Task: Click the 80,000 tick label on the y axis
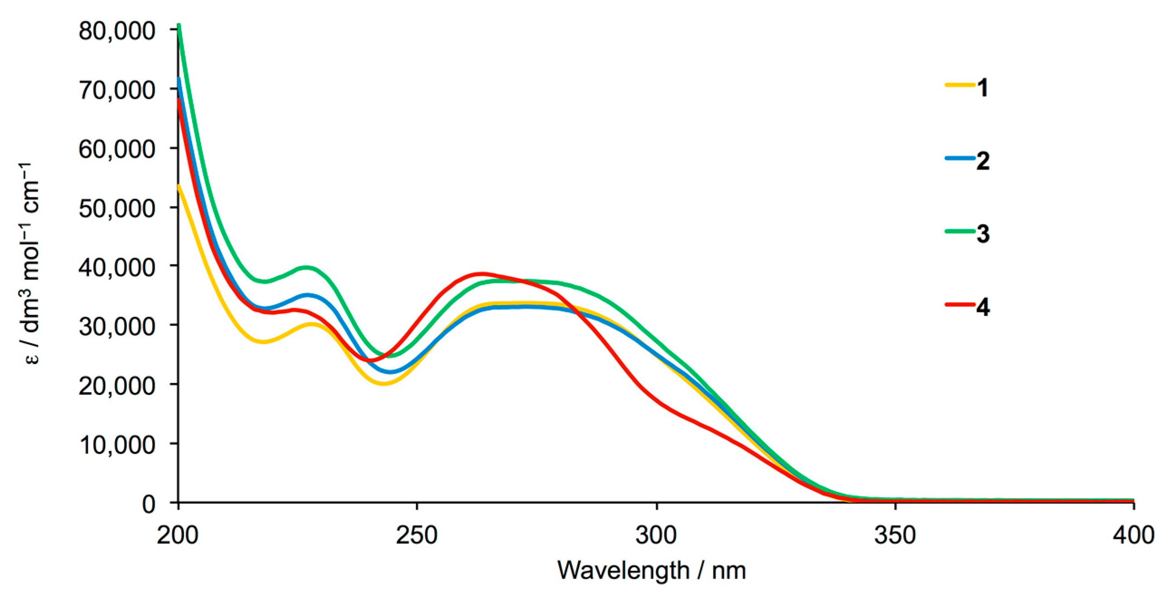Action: [117, 31]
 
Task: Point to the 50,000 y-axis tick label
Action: [117, 209]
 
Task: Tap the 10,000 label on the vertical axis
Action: [117, 445]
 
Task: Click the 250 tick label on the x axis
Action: [416, 535]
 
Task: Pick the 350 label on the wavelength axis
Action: [895, 535]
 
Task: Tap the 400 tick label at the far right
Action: [1133, 535]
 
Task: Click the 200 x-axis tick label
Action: [178, 535]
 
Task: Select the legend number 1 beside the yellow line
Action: [982, 88]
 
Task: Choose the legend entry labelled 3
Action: [982, 234]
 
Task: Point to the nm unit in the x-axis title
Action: [728, 571]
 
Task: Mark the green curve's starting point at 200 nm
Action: [179, 25]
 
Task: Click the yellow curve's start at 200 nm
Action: [179, 185]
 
